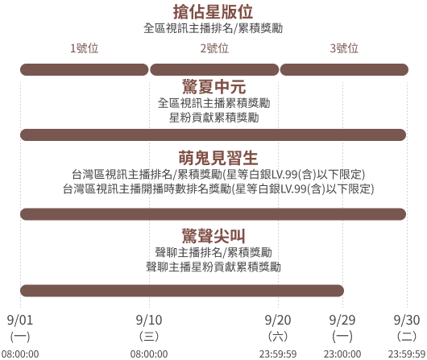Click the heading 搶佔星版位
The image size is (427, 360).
tap(213, 12)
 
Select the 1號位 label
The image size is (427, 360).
tap(84, 48)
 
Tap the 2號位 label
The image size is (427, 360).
tap(214, 48)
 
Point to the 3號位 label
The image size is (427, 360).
tap(344, 48)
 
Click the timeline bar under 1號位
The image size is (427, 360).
tap(84, 70)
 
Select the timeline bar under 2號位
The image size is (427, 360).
tap(214, 70)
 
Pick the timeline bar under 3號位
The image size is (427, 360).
tap(344, 70)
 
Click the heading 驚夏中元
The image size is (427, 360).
tap(213, 87)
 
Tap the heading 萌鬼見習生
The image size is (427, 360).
tap(218, 158)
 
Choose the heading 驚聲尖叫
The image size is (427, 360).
tap(213, 236)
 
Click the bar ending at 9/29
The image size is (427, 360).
tap(182, 291)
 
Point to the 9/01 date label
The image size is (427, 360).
tap(20, 320)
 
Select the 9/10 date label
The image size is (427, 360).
tap(149, 320)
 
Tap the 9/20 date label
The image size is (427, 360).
tap(278, 320)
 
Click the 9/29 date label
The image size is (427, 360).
tap(342, 320)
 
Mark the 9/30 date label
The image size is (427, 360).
tap(407, 320)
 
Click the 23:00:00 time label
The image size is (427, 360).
tap(342, 354)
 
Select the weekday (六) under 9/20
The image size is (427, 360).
tap(278, 337)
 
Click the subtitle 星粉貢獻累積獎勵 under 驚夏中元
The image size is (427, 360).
tap(213, 118)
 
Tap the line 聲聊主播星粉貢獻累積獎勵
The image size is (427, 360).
tap(213, 267)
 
